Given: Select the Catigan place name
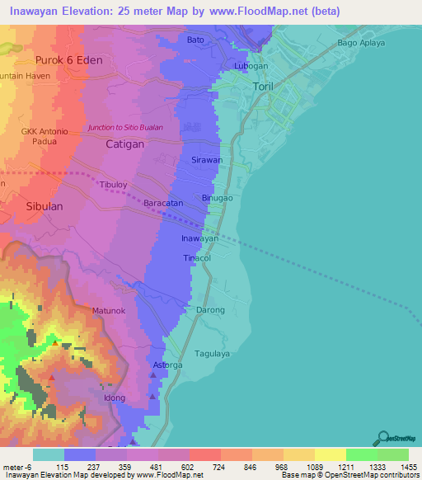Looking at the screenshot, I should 125,144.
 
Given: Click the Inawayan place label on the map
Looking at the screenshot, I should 199,238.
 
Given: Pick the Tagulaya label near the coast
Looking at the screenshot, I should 212,353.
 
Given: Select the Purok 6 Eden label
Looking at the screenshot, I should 67,60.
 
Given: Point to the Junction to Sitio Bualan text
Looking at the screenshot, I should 125,128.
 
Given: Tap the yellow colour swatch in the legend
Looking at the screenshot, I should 330,454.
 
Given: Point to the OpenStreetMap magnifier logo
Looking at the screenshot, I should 384,437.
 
